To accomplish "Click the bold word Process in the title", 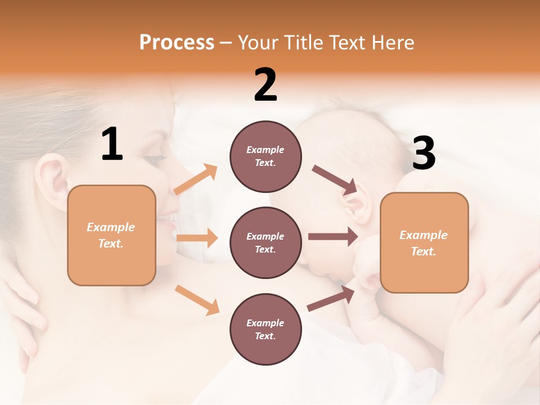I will [177, 43].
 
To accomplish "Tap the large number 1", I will [112, 145].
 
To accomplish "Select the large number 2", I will [265, 85].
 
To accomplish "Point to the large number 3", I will [424, 154].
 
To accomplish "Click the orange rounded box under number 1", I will [111, 235].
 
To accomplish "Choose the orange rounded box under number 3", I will [424, 243].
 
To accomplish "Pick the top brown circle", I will [265, 156].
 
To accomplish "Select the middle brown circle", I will [265, 242].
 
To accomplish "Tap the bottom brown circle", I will [265, 329].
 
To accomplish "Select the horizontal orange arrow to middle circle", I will [197, 238].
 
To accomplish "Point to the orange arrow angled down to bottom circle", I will [197, 299].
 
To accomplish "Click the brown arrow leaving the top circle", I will [335, 179].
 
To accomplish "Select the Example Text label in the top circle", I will [265, 156].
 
